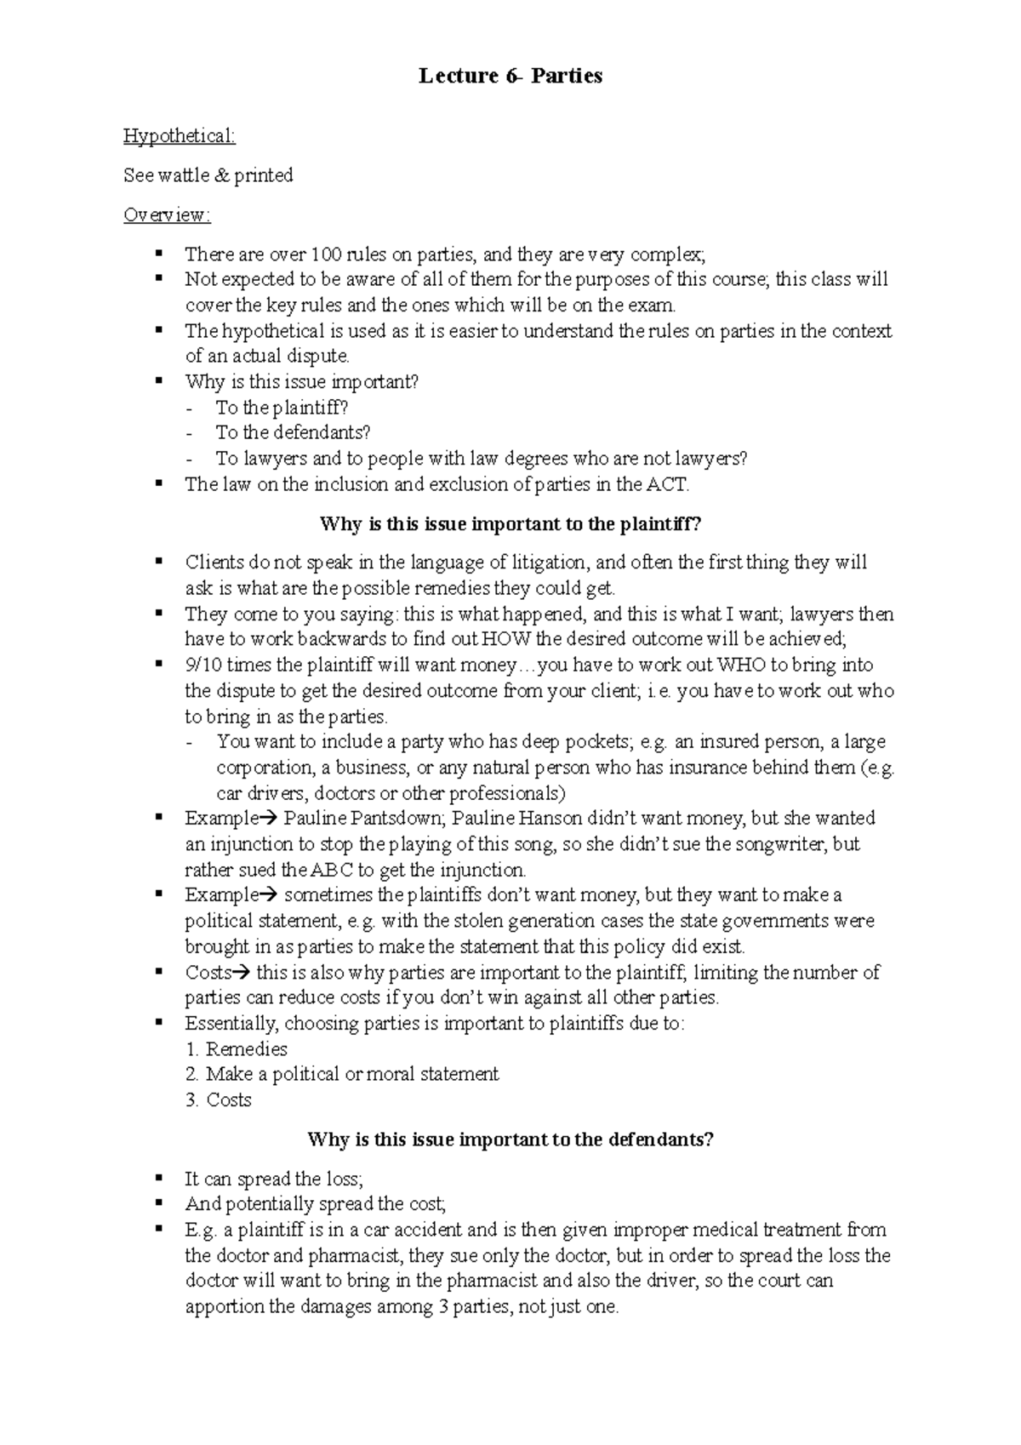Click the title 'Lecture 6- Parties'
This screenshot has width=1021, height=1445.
pos(510,77)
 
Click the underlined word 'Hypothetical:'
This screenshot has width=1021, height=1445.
pos(179,136)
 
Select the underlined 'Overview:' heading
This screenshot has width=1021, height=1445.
pos(167,215)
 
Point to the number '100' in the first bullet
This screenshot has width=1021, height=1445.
pos(325,254)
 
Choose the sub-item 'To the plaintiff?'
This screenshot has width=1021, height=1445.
pos(282,408)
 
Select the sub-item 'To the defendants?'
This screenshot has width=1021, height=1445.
pos(294,433)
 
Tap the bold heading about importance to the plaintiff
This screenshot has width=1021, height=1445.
pos(510,524)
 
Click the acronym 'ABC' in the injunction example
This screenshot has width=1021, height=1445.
pos(330,870)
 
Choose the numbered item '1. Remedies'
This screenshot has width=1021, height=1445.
pos(237,1049)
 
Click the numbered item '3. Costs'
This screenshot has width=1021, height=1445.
pos(219,1100)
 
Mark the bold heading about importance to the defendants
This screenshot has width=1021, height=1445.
pos(510,1139)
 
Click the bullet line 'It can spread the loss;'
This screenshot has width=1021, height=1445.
pos(274,1179)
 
